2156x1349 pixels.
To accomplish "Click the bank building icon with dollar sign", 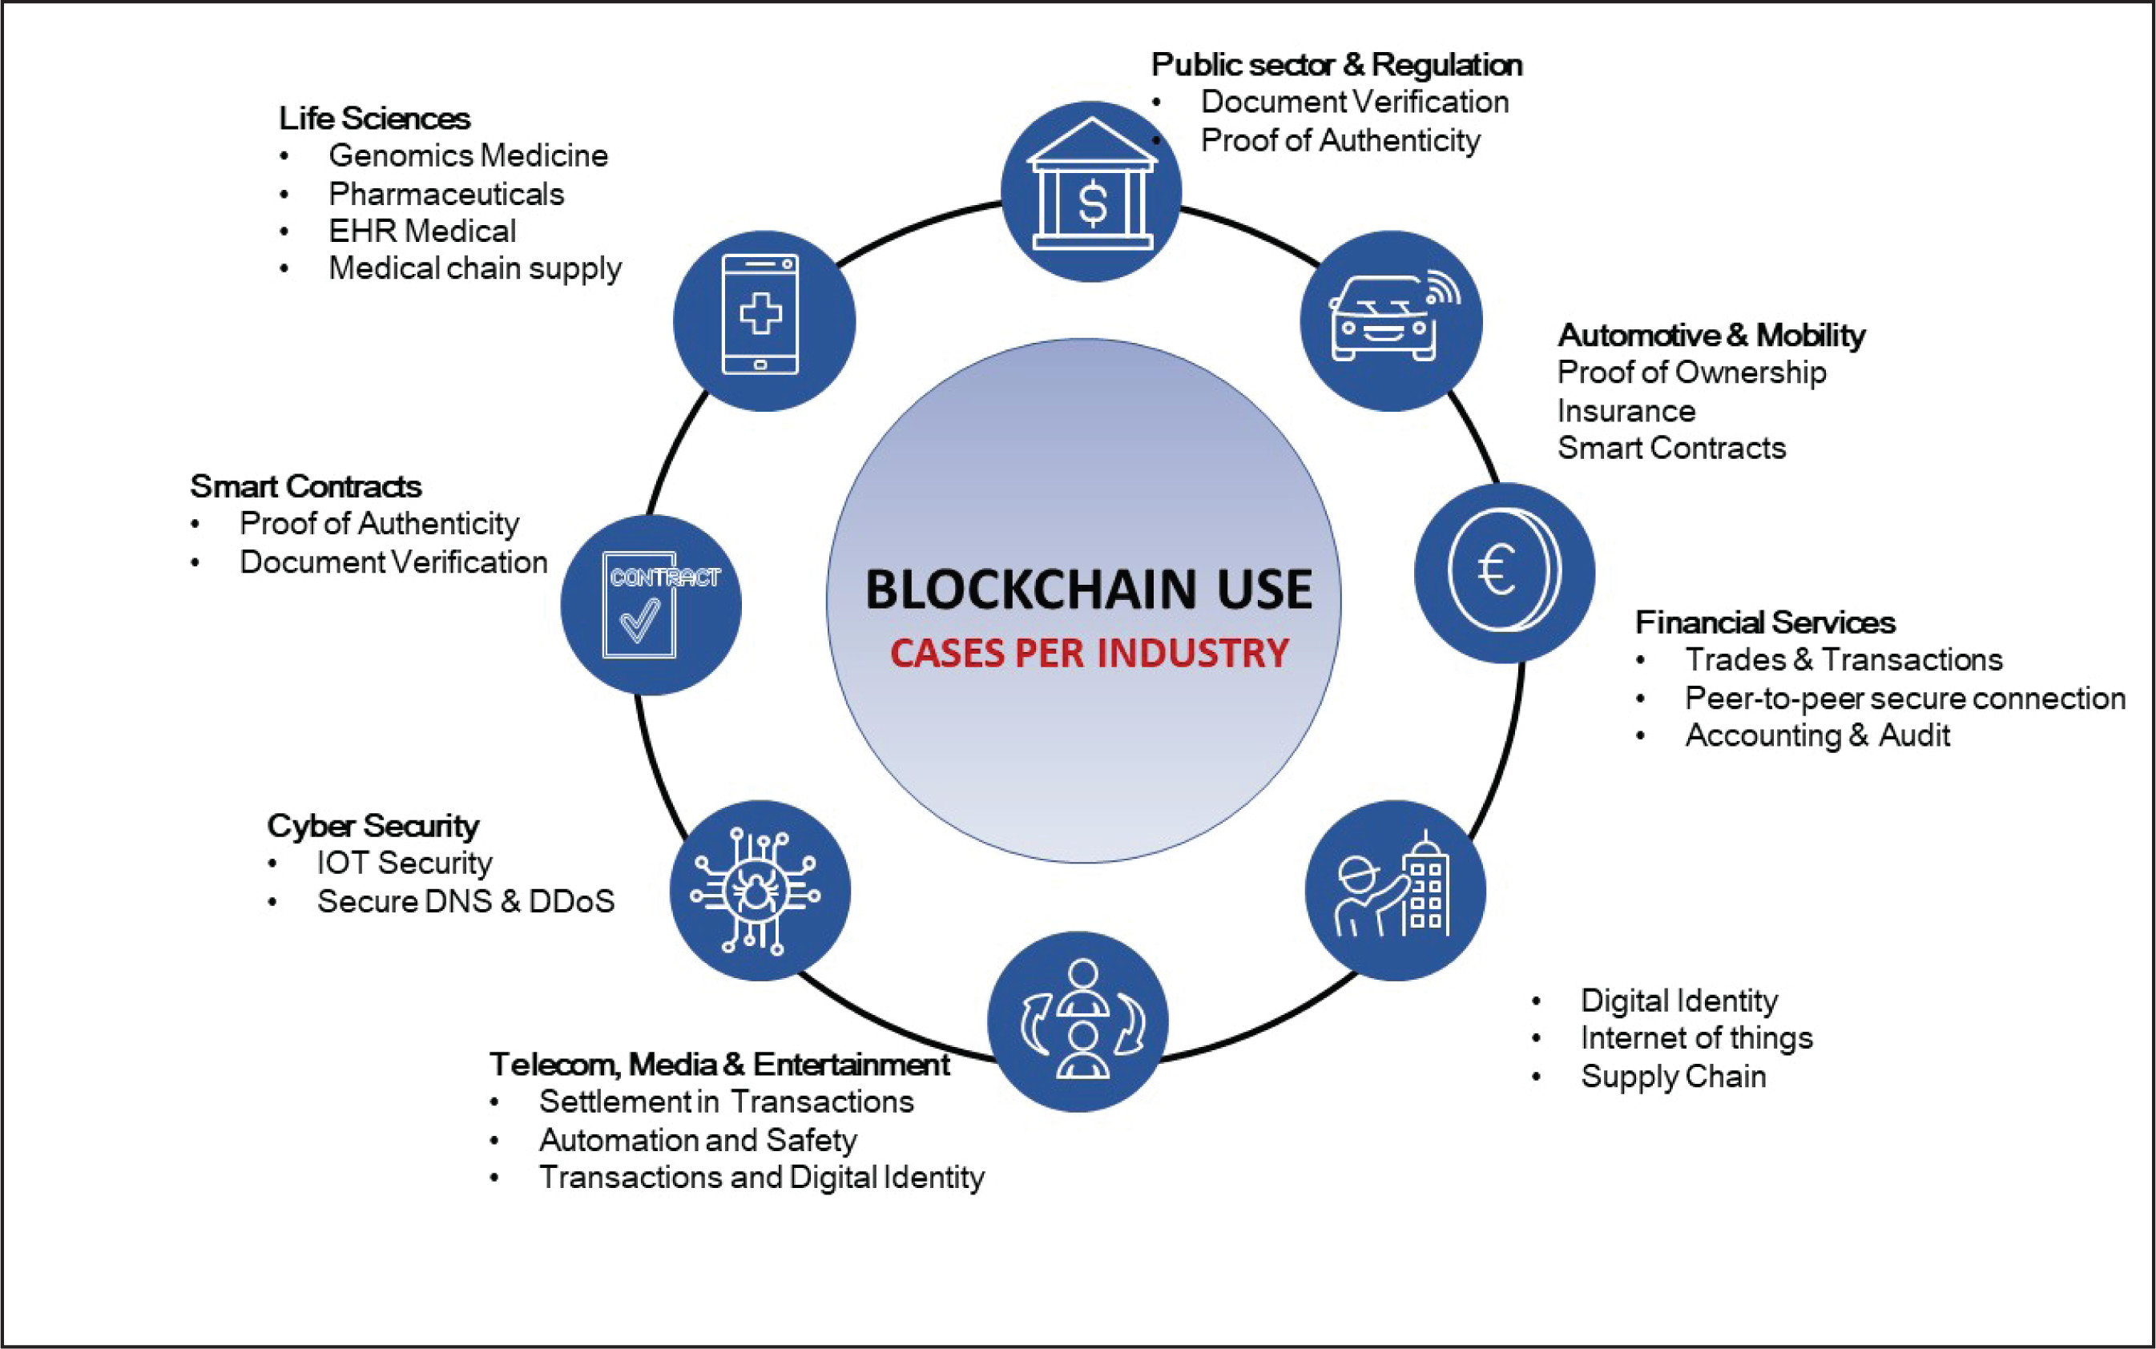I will [1090, 191].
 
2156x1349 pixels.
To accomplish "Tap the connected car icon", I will [1390, 320].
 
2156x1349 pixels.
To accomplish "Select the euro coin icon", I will [1504, 572].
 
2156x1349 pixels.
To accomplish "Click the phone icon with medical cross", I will [763, 320].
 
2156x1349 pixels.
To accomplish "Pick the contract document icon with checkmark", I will [651, 605].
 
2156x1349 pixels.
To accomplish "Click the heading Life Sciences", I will [374, 118].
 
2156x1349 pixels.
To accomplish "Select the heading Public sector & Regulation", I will [1336, 64].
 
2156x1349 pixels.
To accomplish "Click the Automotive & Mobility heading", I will [1711, 335].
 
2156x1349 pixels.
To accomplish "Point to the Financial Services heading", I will [1764, 622].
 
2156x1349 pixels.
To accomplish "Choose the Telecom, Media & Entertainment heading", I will [719, 1064].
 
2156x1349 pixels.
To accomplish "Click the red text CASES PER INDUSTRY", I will [1089, 653].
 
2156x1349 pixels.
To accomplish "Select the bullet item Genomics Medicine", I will [468, 155].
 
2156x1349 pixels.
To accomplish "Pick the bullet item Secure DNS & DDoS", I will [465, 901].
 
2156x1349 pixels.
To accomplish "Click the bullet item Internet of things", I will [1695, 1037].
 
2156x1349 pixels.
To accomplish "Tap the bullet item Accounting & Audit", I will [1817, 735].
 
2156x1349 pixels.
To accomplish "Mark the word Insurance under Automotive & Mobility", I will [1626, 410].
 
